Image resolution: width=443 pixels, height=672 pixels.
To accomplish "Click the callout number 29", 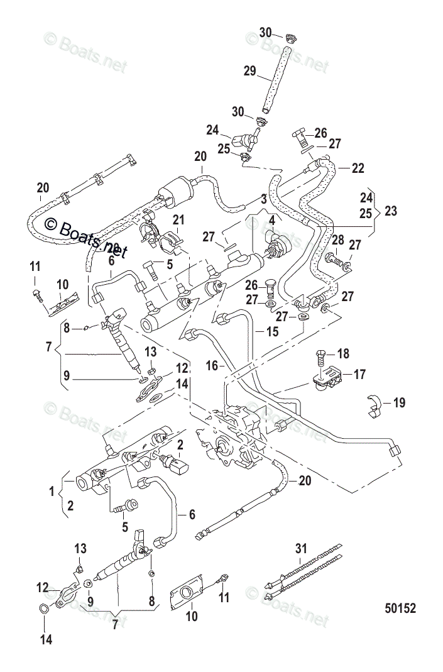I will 249,71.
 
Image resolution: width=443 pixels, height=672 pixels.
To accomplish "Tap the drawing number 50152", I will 400,609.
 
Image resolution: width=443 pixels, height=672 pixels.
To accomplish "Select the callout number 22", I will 358,168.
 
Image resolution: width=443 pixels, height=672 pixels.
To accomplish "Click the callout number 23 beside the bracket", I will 391,212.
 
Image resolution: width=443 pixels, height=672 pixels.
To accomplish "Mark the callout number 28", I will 337,240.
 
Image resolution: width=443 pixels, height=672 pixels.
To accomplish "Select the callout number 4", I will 271,221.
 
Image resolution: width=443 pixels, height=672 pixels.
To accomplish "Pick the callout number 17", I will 359,374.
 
